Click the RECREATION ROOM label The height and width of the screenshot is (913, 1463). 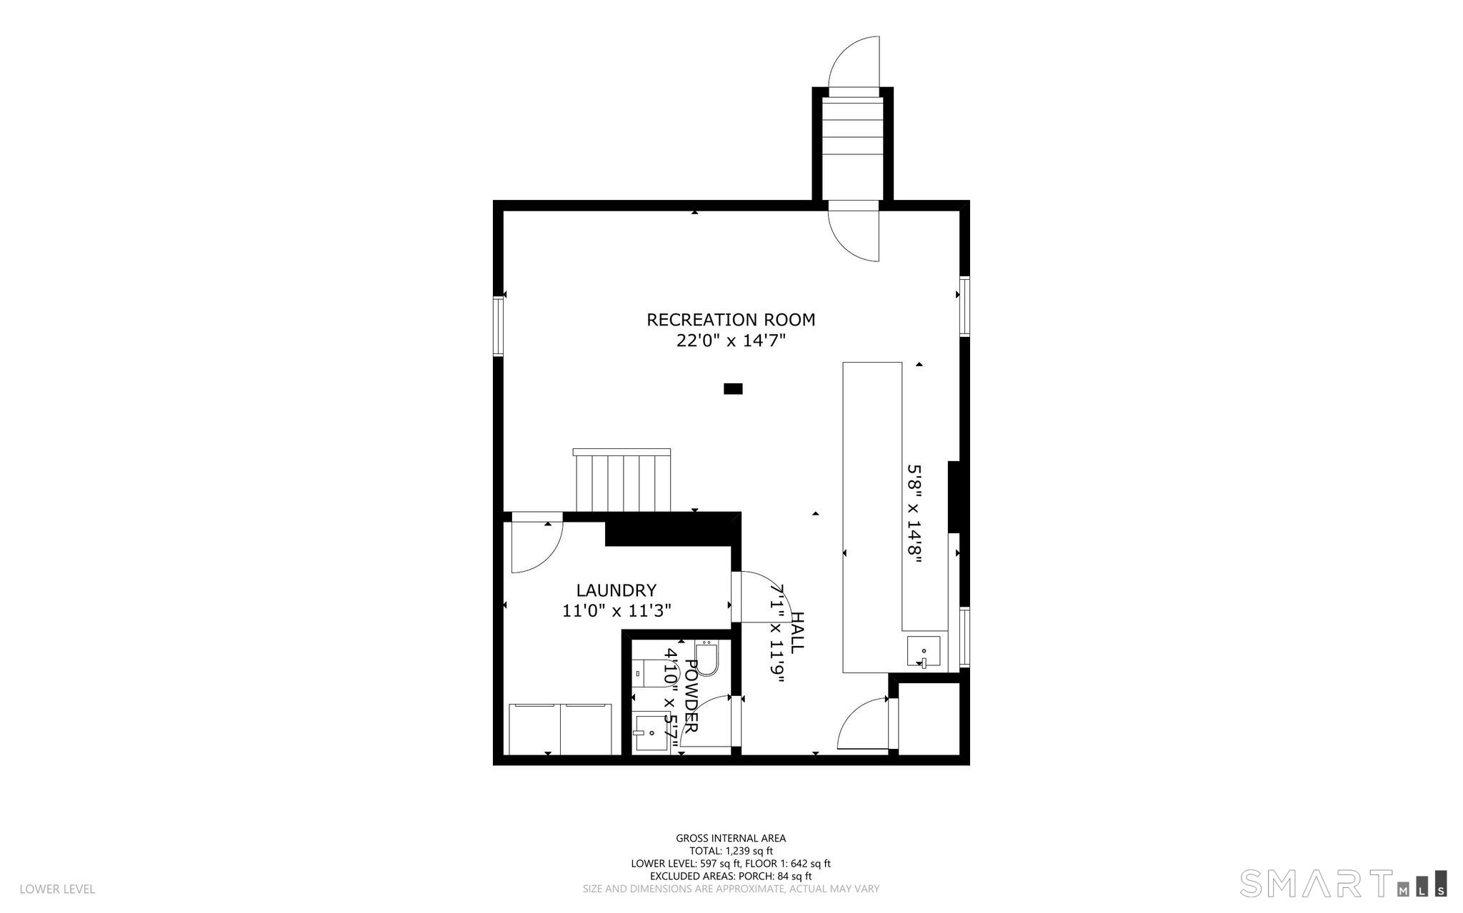(x=731, y=320)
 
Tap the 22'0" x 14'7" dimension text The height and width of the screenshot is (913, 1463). (x=731, y=341)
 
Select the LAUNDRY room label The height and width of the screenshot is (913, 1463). (x=616, y=590)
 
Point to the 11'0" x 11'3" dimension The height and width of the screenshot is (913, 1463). (x=616, y=611)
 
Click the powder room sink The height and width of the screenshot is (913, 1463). (x=649, y=735)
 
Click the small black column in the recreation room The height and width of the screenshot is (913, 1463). (x=733, y=389)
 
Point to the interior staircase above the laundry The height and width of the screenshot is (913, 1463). (x=623, y=480)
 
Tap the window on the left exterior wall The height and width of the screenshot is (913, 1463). (x=499, y=326)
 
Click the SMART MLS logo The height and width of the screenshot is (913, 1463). (x=1344, y=882)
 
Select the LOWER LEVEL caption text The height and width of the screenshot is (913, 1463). (x=57, y=889)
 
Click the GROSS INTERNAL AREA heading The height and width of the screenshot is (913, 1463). (x=731, y=838)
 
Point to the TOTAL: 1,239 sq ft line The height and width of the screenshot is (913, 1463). (x=731, y=851)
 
